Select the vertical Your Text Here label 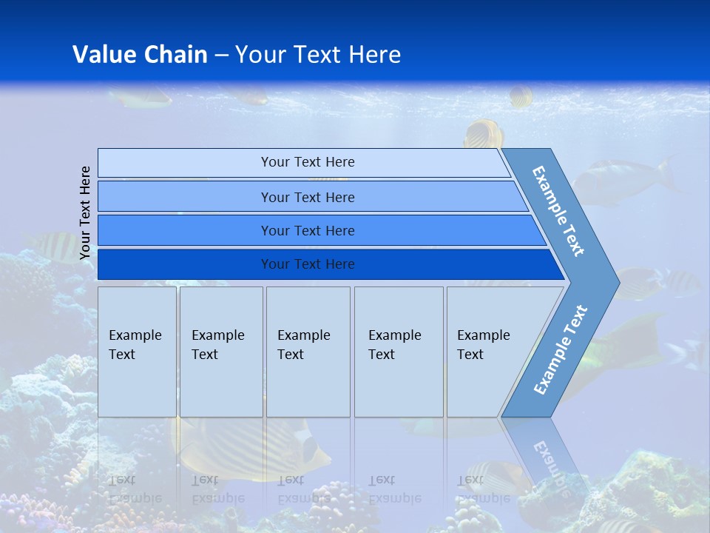(x=86, y=212)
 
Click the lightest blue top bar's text (x=308, y=162)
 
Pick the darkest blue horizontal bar (x=308, y=264)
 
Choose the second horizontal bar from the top (x=308, y=197)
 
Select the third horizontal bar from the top (x=308, y=230)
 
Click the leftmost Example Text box (x=137, y=352)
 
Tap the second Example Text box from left (x=220, y=352)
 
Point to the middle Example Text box (x=308, y=352)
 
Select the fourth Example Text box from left (x=399, y=352)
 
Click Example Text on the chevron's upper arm (x=559, y=212)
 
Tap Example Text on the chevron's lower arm (x=561, y=349)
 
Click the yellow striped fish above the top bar (x=484, y=135)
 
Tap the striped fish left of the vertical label (x=55, y=244)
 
